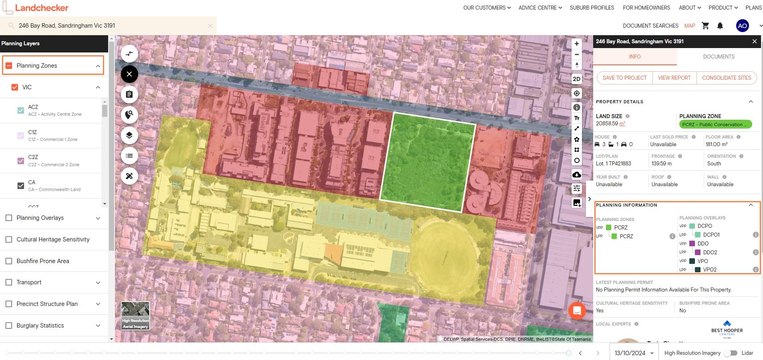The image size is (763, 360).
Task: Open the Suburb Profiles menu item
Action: pyautogui.click(x=592, y=8)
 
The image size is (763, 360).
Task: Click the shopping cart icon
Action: pyautogui.click(x=705, y=26)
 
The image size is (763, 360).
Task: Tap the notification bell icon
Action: pyautogui.click(x=720, y=26)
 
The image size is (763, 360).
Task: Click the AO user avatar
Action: pyautogui.click(x=742, y=26)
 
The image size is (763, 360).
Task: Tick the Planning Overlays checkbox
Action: pyautogui.click(x=9, y=218)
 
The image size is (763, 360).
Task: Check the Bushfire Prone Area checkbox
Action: pyautogui.click(x=9, y=261)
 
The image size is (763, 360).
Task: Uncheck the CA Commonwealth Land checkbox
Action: pyautogui.click(x=21, y=185)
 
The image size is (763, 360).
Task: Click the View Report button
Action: pyautogui.click(x=674, y=78)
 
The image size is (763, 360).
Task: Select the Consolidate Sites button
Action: pyautogui.click(x=726, y=78)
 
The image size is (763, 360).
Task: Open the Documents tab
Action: pyautogui.click(x=719, y=56)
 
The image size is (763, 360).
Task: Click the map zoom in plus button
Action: pyautogui.click(x=576, y=44)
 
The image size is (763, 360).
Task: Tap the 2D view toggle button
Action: pyautogui.click(x=576, y=79)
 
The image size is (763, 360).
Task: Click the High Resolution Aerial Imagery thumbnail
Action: pyautogui.click(x=135, y=316)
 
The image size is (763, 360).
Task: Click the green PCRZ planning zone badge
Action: pyautogui.click(x=715, y=125)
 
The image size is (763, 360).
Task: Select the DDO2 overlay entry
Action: pyautogui.click(x=710, y=252)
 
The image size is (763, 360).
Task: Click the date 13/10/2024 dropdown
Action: pyautogui.click(x=634, y=353)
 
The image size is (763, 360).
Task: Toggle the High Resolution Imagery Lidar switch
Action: pyautogui.click(x=733, y=353)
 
